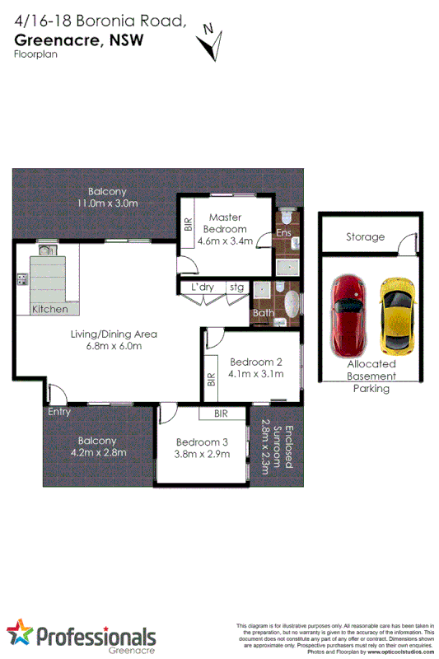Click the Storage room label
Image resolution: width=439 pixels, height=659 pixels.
tap(365, 237)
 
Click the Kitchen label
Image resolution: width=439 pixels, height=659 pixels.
tap(50, 309)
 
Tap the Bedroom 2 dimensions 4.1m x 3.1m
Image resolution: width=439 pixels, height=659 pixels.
tap(256, 374)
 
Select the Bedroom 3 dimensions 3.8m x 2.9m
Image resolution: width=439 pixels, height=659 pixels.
tap(201, 453)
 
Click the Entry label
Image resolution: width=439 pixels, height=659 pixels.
tap(58, 413)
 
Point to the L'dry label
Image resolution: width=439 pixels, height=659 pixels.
tap(203, 287)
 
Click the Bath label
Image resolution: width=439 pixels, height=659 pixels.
tap(264, 313)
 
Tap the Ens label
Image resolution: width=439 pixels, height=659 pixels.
tap(284, 234)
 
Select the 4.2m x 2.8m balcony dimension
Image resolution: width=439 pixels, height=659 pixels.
tap(98, 453)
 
